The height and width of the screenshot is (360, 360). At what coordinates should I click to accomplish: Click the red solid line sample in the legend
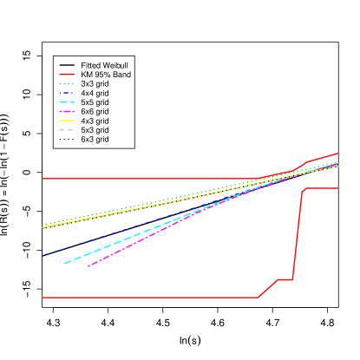click(x=66, y=75)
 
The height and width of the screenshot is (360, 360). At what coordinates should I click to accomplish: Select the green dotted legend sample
click(x=66, y=83)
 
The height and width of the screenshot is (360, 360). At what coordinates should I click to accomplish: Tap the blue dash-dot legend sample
click(x=66, y=93)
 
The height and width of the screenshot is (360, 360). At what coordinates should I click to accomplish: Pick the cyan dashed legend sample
click(x=66, y=102)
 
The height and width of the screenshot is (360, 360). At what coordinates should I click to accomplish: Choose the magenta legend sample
click(x=66, y=111)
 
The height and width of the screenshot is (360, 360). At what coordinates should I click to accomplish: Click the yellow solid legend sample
click(x=66, y=121)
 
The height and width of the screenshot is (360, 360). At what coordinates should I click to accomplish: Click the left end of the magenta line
click(x=88, y=266)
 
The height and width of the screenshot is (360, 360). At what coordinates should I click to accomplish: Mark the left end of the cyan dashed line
click(x=64, y=263)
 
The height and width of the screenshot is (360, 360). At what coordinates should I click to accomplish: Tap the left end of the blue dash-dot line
click(x=44, y=255)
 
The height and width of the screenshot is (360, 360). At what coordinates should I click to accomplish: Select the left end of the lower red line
click(x=43, y=298)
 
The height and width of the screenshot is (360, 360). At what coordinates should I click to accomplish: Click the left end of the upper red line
click(x=43, y=179)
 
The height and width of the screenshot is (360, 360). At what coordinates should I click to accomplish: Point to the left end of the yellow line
click(x=43, y=228)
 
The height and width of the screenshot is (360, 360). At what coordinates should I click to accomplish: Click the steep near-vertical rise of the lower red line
click(x=297, y=234)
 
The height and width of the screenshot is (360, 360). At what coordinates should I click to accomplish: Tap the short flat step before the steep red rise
click(x=285, y=279)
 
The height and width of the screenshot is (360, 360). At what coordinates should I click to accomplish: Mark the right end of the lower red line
click(x=338, y=188)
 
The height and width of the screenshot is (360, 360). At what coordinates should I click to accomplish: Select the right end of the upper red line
click(x=338, y=154)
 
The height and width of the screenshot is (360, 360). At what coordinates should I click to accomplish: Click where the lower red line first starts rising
click(x=259, y=298)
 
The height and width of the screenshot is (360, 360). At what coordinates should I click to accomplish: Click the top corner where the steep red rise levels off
click(x=303, y=189)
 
